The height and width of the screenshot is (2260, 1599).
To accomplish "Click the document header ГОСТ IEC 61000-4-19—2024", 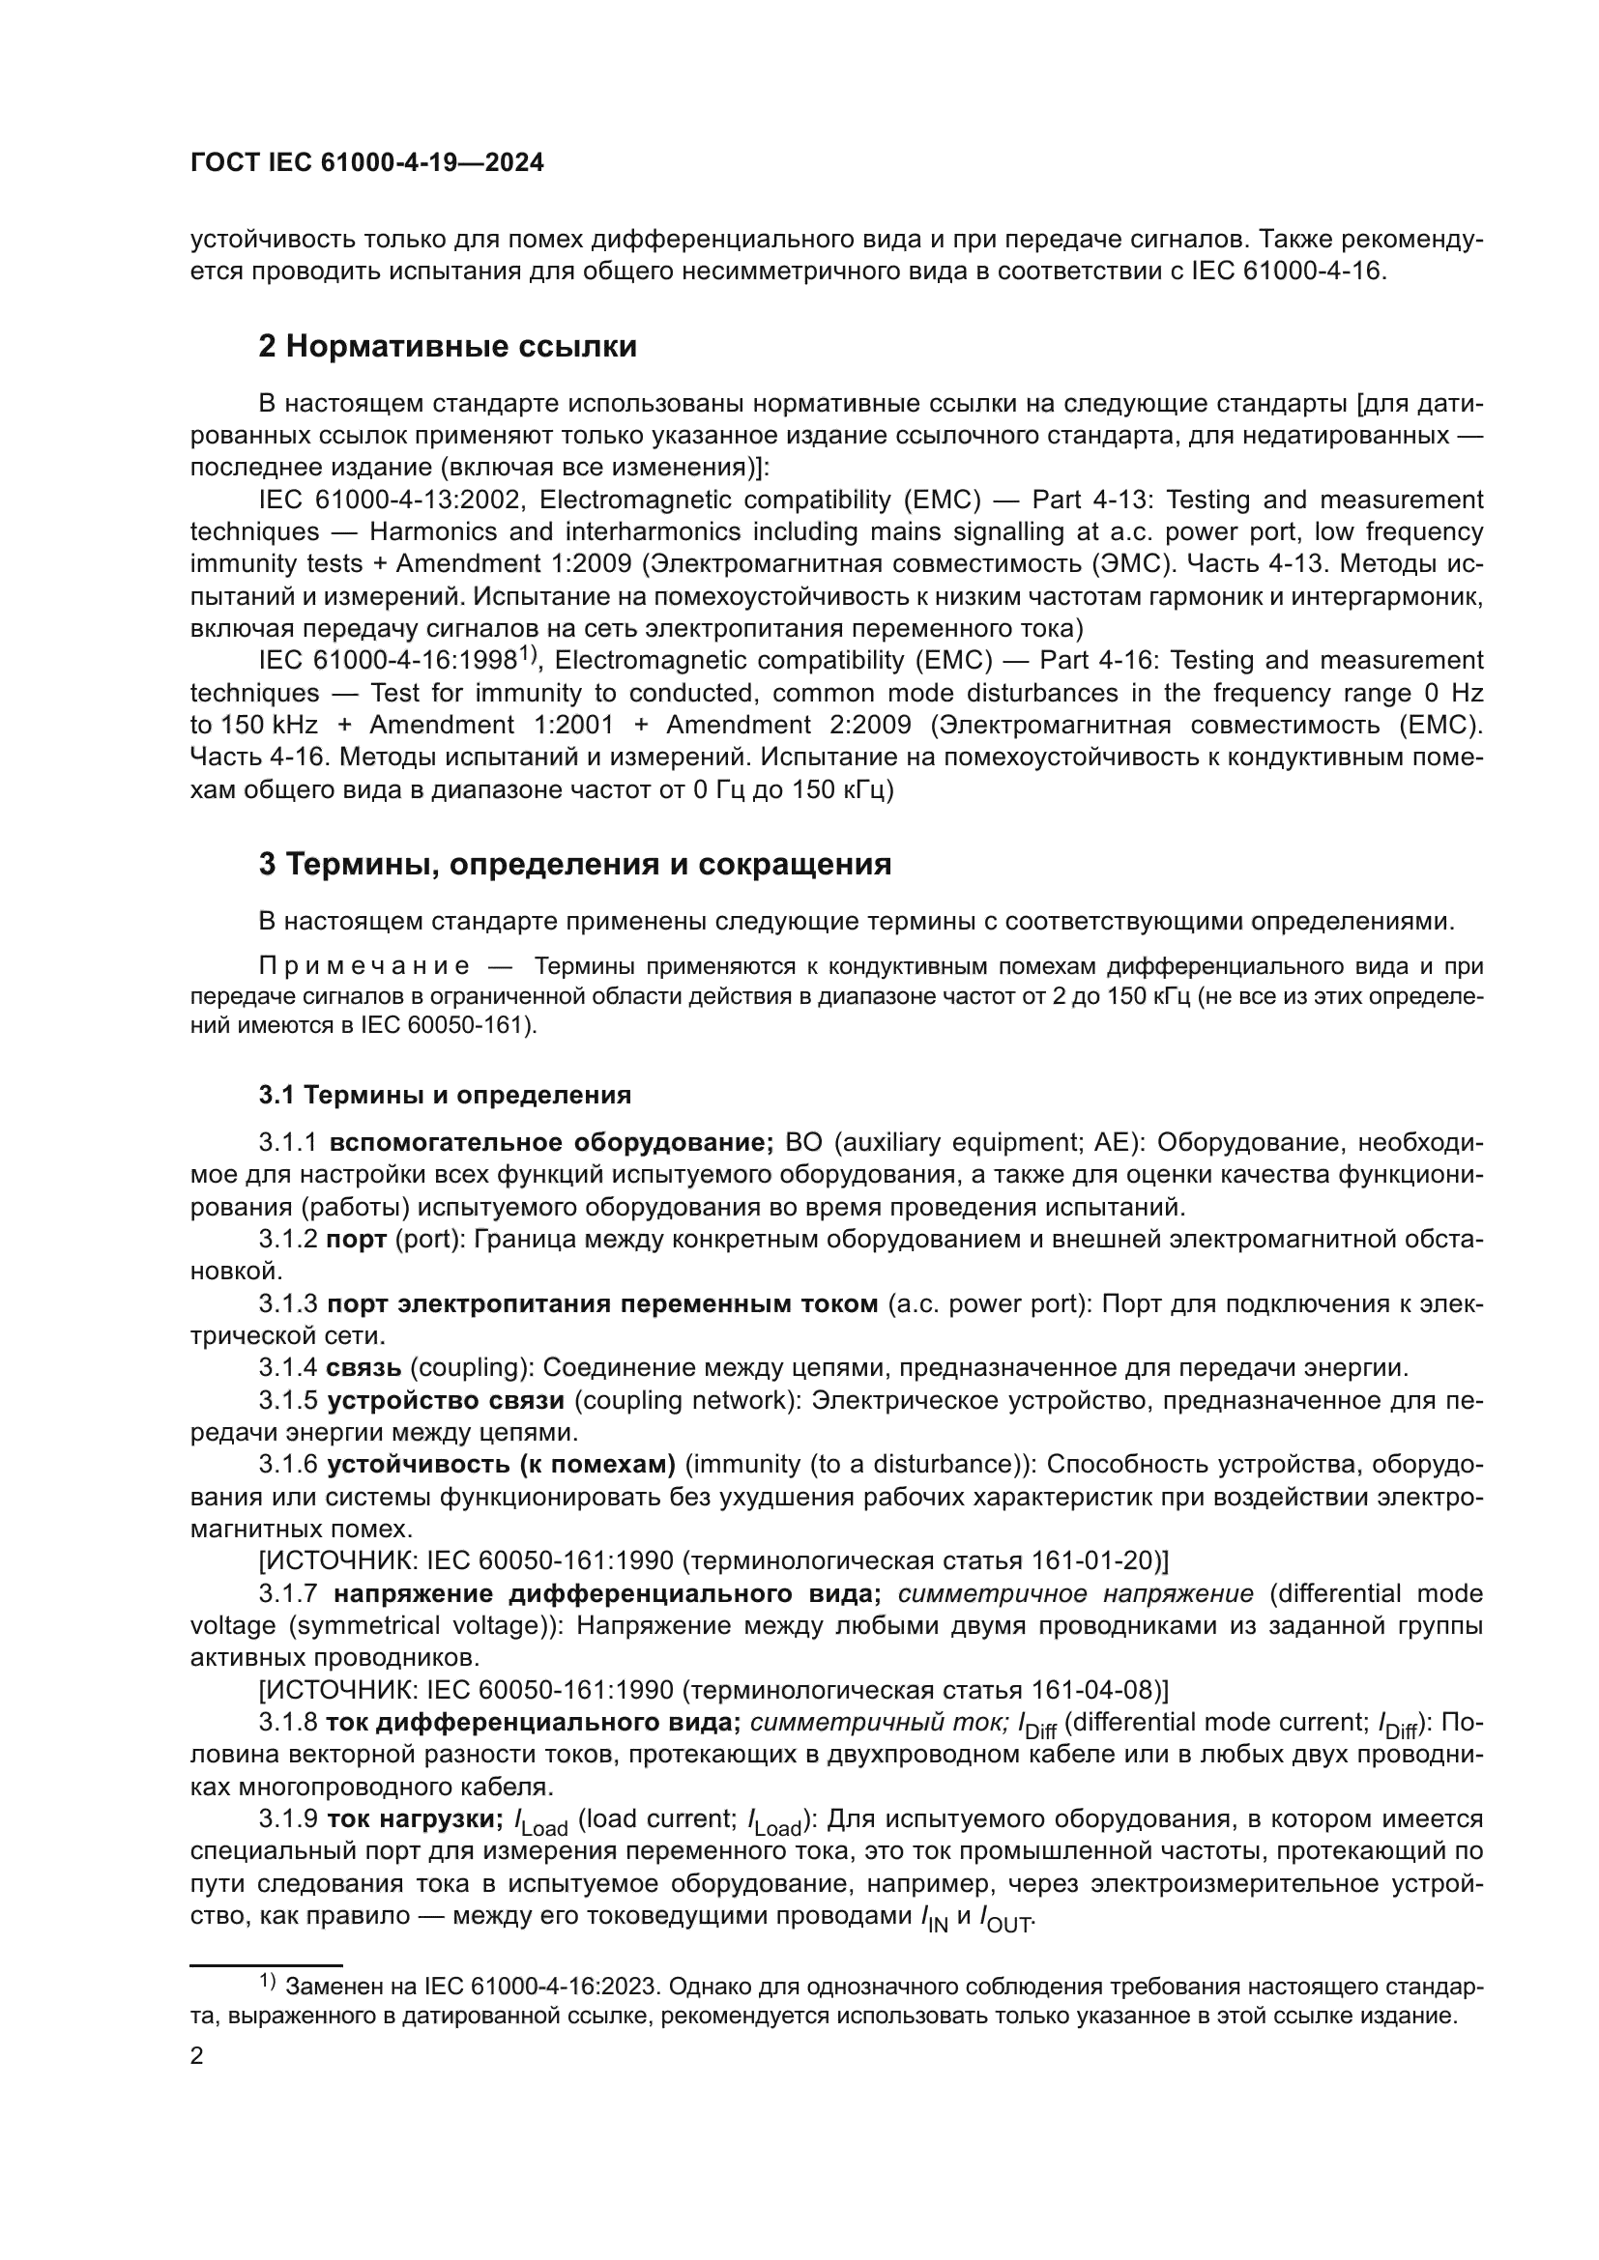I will click(366, 163).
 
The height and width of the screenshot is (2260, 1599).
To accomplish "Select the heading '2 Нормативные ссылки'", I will click(447, 347).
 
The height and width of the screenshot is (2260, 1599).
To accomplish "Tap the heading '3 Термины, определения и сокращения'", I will click(575, 864).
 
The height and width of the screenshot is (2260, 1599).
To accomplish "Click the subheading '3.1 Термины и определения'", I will click(445, 1095).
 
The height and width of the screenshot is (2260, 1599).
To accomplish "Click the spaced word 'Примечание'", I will click(363, 966).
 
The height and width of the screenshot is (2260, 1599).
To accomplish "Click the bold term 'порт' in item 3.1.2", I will click(357, 1240).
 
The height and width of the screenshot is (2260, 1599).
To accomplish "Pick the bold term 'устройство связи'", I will click(445, 1400).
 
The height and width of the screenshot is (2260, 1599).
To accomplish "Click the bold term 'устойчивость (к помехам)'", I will click(501, 1465).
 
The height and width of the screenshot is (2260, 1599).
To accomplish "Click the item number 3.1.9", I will click(288, 1819).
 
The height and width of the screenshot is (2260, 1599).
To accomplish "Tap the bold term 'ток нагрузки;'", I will click(415, 1819).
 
